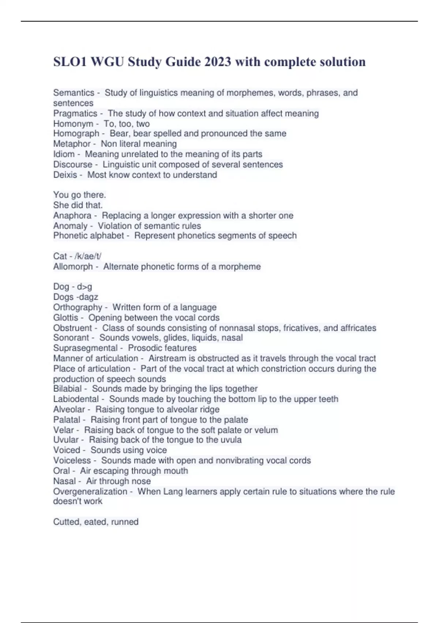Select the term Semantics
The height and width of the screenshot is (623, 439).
74,93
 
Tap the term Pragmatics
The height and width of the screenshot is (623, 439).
75,114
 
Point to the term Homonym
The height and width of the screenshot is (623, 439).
73,124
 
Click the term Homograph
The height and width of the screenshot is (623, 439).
76,134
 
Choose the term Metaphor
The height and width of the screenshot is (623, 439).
72,144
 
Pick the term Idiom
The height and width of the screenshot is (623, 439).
64,154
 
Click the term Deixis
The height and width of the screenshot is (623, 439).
65,175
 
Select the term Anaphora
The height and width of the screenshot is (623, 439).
72,215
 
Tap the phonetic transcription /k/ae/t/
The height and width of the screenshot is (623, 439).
87,256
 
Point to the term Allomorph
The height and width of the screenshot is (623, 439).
73,266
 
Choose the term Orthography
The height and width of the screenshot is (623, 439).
78,307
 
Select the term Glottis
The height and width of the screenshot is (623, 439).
65,317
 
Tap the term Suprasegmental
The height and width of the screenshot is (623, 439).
85,348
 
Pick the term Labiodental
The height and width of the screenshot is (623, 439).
76,399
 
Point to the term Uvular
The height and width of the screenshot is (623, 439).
66,440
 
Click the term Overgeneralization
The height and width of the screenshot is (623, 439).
90,491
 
